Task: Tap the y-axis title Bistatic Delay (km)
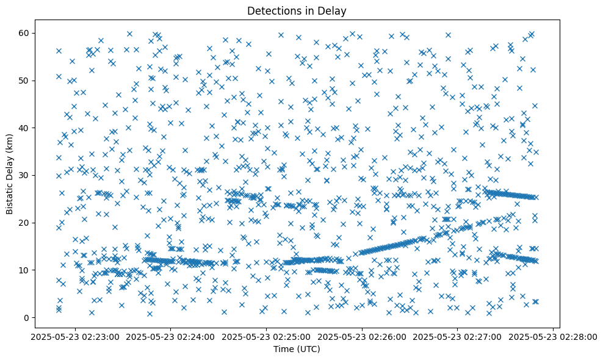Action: pyautogui.click(x=10, y=174)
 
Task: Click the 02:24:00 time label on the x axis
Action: pyautogui.click(x=172, y=336)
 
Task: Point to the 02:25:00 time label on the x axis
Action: pyautogui.click(x=267, y=336)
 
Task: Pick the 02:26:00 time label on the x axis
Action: pyautogui.click(x=362, y=336)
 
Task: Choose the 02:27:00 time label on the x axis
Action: pyautogui.click(x=458, y=336)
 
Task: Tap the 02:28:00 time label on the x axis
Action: pyautogui.click(x=553, y=336)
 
